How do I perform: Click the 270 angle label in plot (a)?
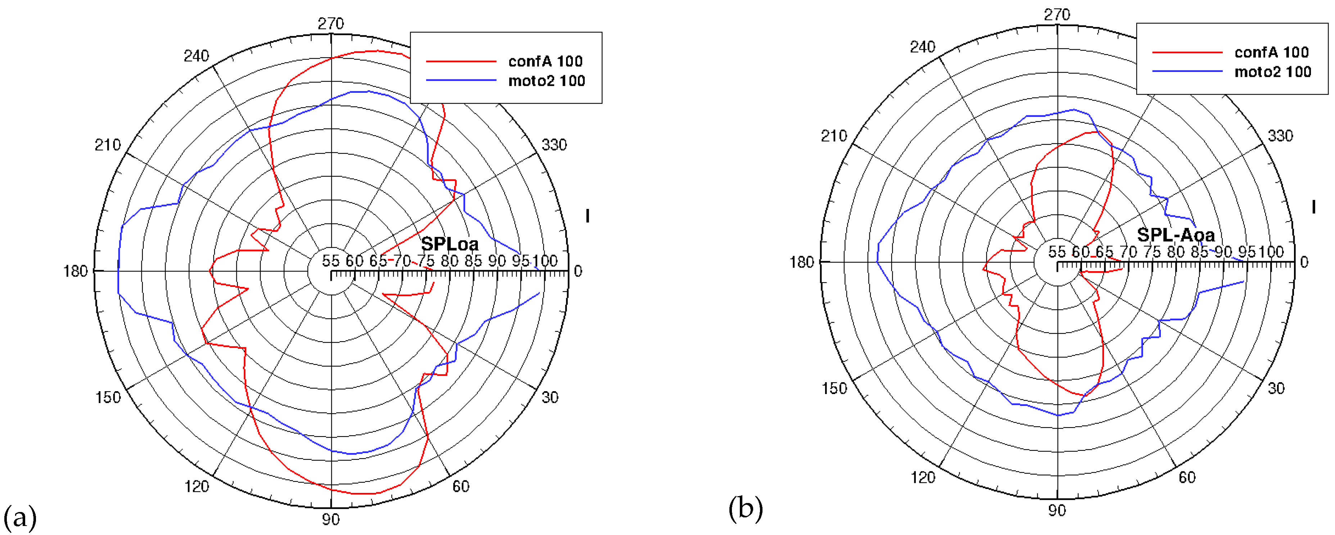coord(331,24)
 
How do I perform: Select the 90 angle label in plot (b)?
coord(1057,511)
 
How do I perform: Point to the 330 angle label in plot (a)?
coord(554,145)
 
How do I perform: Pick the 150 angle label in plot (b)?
coord(834,388)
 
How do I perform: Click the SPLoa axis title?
coord(449,244)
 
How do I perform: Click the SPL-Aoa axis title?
coord(1175,235)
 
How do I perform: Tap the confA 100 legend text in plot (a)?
coord(545,61)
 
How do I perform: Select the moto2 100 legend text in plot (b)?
coord(1272,72)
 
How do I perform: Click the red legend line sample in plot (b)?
coord(1187,52)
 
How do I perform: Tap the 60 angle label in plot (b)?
coord(1187,477)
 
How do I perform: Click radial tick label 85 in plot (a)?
coord(472,261)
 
